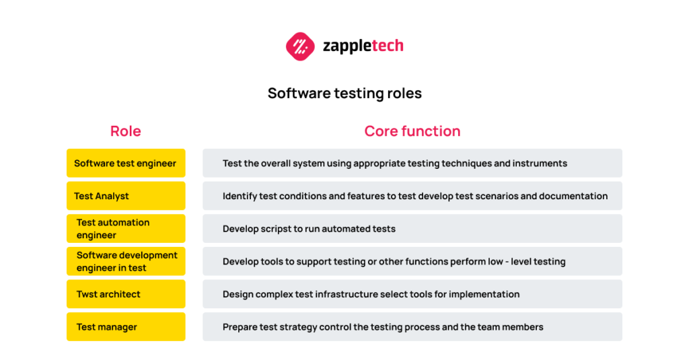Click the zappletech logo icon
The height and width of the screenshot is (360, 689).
tap(300, 46)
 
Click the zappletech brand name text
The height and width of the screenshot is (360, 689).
tap(363, 46)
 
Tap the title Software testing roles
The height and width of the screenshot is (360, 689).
tap(344, 93)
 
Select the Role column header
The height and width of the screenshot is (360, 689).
tap(125, 131)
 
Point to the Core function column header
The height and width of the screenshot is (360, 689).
tap(412, 131)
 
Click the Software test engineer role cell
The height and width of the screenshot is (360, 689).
tap(125, 163)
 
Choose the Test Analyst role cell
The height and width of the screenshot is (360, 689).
tap(125, 196)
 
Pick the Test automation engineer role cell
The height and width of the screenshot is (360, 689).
tap(125, 229)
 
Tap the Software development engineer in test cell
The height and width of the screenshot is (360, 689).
tap(125, 261)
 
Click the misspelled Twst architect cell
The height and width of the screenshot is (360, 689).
tap(125, 294)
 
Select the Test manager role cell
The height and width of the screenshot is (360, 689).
tap(125, 327)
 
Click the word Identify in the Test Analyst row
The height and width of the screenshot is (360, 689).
tap(240, 196)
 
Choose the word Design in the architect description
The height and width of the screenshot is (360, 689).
tap(239, 294)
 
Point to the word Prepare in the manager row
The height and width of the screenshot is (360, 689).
tap(241, 327)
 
